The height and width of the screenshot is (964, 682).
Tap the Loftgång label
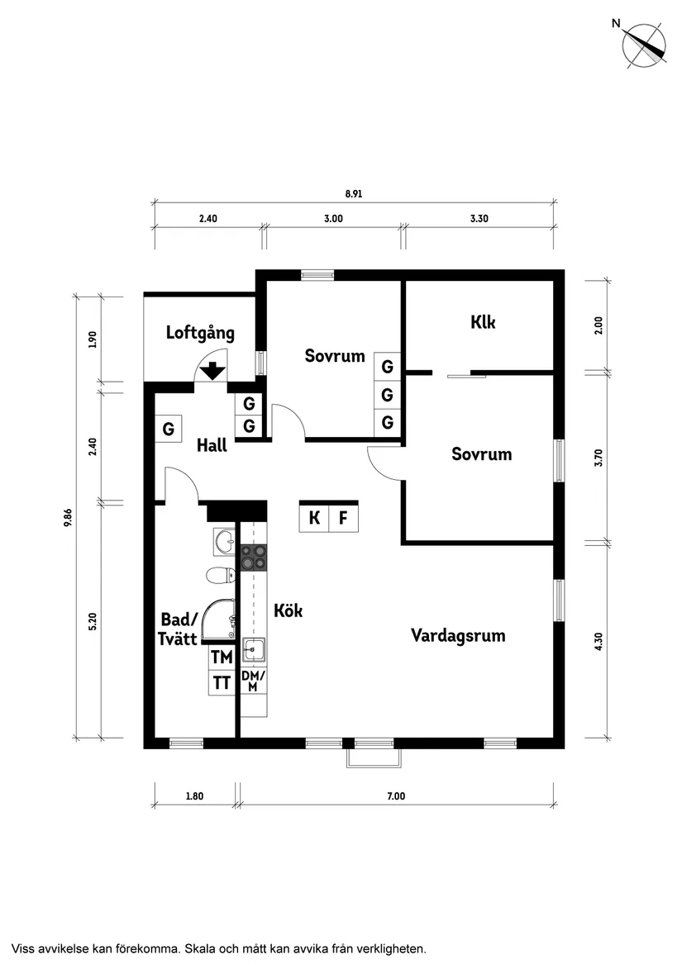pyautogui.click(x=200, y=334)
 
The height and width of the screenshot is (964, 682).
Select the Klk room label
pyautogui.click(x=483, y=322)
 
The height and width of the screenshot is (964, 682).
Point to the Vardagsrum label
pyautogui.click(x=458, y=636)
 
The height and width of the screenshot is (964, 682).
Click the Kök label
pyautogui.click(x=289, y=611)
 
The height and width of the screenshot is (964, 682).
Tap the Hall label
pyautogui.click(x=212, y=446)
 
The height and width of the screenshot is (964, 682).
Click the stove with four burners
pyautogui.click(x=254, y=558)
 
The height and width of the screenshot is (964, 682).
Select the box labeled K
pyautogui.click(x=314, y=519)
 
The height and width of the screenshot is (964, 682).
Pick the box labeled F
pyautogui.click(x=344, y=519)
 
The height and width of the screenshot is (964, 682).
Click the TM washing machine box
pyautogui.click(x=222, y=658)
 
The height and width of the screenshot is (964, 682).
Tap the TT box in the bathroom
pyautogui.click(x=222, y=683)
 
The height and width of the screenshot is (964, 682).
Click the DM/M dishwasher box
pyautogui.click(x=253, y=681)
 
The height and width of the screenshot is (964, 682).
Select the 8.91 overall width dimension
pyautogui.click(x=354, y=195)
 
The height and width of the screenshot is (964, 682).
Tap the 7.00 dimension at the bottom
pyautogui.click(x=396, y=796)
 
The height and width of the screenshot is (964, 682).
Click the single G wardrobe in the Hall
pyautogui.click(x=169, y=430)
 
